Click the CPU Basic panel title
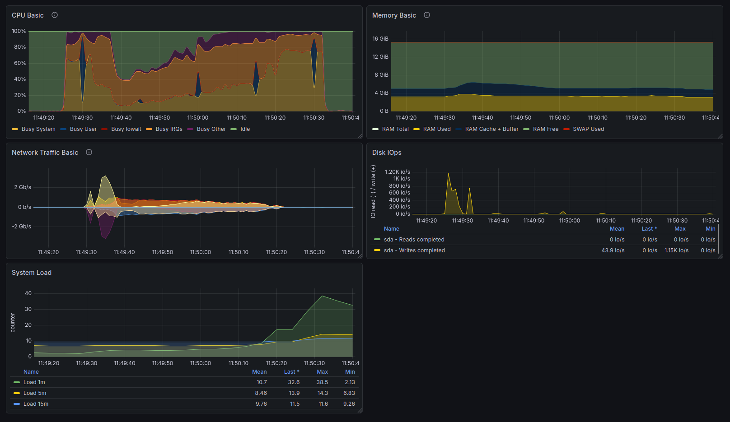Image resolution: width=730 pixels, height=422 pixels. tap(28, 15)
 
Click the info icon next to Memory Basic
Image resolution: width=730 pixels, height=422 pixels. tap(426, 15)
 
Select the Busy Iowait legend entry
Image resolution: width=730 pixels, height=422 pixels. tap(121, 129)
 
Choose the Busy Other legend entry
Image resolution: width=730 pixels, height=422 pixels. tap(206, 129)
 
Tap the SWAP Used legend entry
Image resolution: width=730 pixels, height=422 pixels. tap(584, 129)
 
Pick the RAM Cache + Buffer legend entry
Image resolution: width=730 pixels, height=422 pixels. tap(487, 129)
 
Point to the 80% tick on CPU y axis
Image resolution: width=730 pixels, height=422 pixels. tap(19, 47)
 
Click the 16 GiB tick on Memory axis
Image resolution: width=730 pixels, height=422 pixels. tap(380, 39)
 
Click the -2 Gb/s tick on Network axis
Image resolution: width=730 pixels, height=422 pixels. tap(22, 226)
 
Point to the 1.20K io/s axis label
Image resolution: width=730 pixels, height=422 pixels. tap(397, 172)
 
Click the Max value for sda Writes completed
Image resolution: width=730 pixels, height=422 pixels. tap(677, 250)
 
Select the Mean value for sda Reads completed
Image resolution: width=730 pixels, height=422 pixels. tap(617, 240)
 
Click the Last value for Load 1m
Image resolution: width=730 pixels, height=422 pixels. tap(294, 382)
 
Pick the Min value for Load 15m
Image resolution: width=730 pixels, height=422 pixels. tap(349, 404)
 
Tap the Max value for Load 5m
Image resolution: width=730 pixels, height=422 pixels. tap(323, 393)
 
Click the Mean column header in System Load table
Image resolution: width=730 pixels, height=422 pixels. tap(259, 372)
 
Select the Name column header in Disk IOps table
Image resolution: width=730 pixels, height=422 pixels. tap(391, 229)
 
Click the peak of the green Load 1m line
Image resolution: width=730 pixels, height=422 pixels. tap(322, 296)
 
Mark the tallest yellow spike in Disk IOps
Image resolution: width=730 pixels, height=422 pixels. tap(449, 174)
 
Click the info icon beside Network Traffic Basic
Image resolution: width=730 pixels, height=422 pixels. tap(89, 152)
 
